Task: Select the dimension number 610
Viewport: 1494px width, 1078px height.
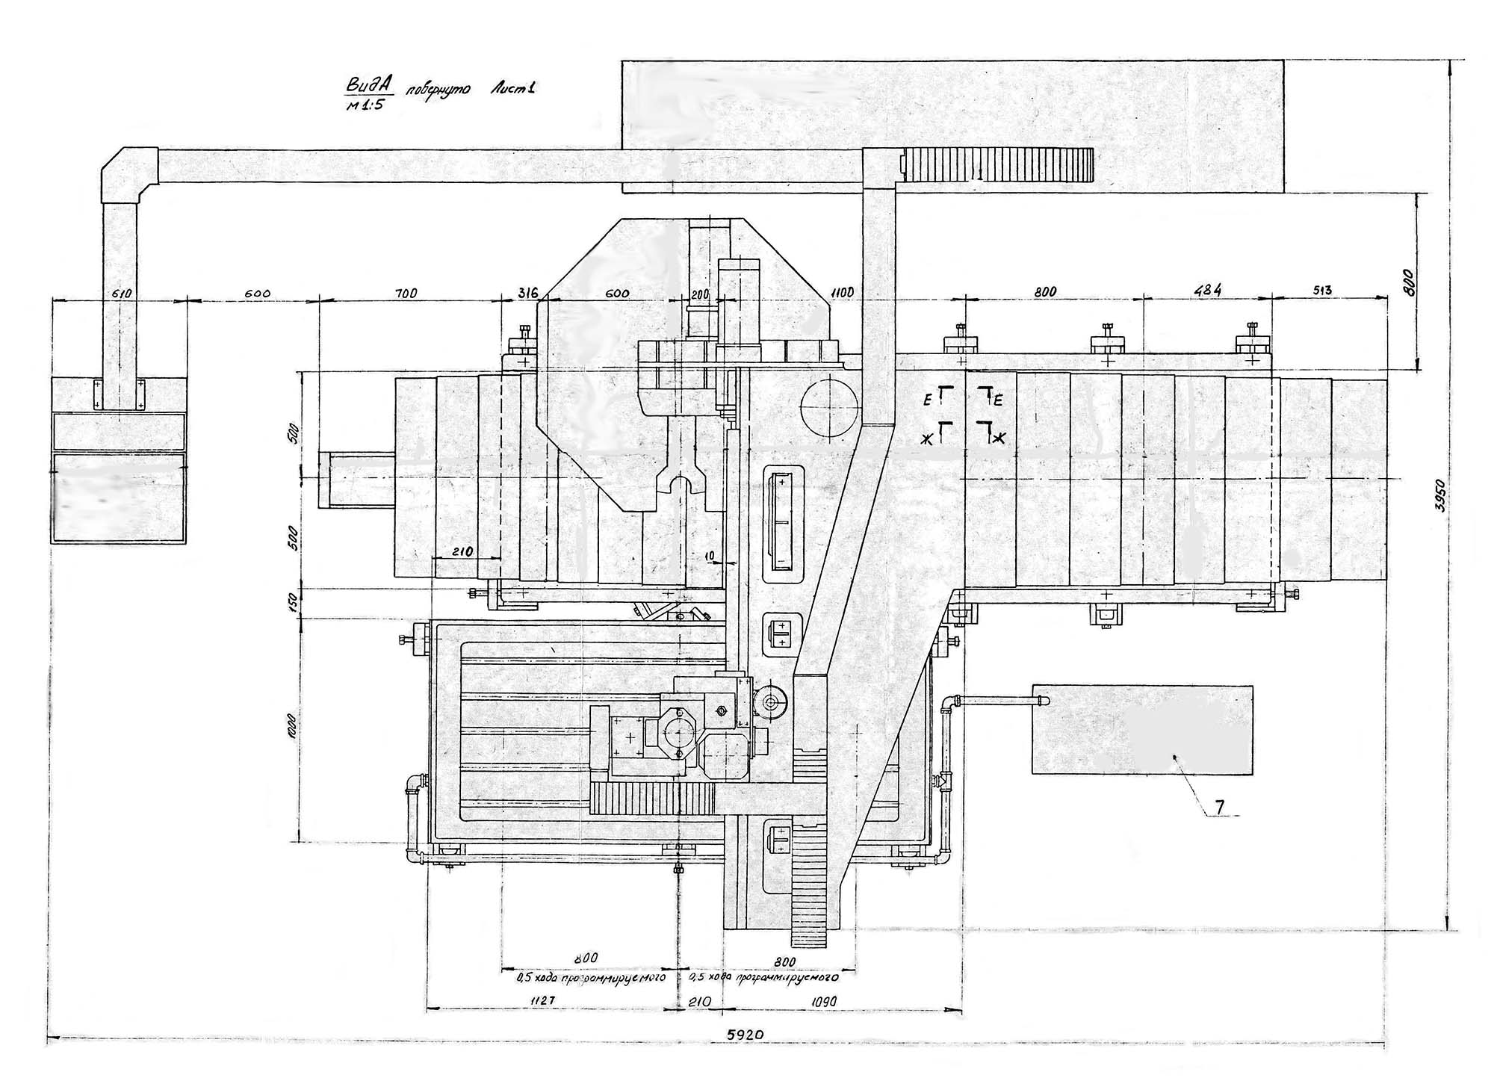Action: pos(121,294)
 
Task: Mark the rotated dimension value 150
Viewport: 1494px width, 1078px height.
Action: pos(293,603)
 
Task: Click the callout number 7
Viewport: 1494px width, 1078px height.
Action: pos(1218,806)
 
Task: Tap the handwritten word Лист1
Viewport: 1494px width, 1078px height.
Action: pos(512,89)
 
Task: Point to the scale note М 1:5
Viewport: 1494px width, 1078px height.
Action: pos(363,105)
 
